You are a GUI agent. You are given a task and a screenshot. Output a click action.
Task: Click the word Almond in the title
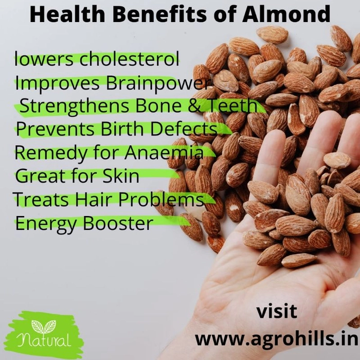286,14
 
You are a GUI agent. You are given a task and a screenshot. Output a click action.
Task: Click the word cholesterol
129,59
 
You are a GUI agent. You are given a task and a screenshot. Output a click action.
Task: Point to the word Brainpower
158,84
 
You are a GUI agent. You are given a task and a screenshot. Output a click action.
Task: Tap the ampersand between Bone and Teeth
195,106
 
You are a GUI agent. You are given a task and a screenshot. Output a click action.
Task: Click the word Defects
184,129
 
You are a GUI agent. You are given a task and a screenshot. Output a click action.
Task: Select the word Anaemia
164,153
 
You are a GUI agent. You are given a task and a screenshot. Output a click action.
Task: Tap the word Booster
118,223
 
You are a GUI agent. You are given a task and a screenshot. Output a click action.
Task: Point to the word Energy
45,225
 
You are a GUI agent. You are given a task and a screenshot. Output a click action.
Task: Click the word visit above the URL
277,312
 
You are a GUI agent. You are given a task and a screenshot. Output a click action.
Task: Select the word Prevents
55,129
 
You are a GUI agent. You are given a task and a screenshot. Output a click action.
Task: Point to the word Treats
41,199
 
